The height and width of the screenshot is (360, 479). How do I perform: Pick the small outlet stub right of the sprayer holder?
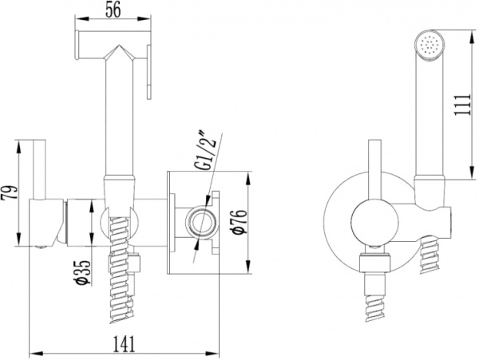tap(446, 218)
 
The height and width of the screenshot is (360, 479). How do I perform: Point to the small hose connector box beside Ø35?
tap(136, 262)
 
